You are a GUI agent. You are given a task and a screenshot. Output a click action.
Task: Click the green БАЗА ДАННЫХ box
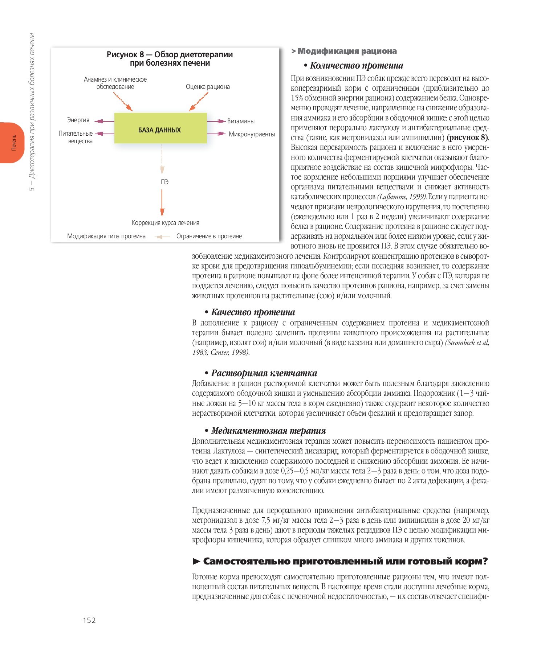[x=160, y=128]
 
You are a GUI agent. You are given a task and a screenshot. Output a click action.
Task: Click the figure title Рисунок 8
[x=170, y=59]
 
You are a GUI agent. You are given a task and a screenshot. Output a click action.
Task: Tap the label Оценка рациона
[x=208, y=87]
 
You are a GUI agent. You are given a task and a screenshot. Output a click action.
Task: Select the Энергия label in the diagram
[x=78, y=120]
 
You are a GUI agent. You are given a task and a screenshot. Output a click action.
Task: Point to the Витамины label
[x=241, y=121]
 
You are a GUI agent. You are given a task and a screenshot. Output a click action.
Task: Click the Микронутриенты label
[x=252, y=134]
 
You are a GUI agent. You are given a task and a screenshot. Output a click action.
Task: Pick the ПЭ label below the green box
[x=164, y=182]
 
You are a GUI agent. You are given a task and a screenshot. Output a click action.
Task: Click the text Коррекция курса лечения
[x=165, y=223]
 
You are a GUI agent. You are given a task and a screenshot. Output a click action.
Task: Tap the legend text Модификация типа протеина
[x=106, y=236]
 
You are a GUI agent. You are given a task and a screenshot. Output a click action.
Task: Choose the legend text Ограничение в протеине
[x=209, y=236]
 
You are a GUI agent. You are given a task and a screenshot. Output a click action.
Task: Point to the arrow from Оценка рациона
[x=199, y=102]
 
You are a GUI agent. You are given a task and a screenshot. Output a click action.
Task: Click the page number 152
[x=89, y=620]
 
